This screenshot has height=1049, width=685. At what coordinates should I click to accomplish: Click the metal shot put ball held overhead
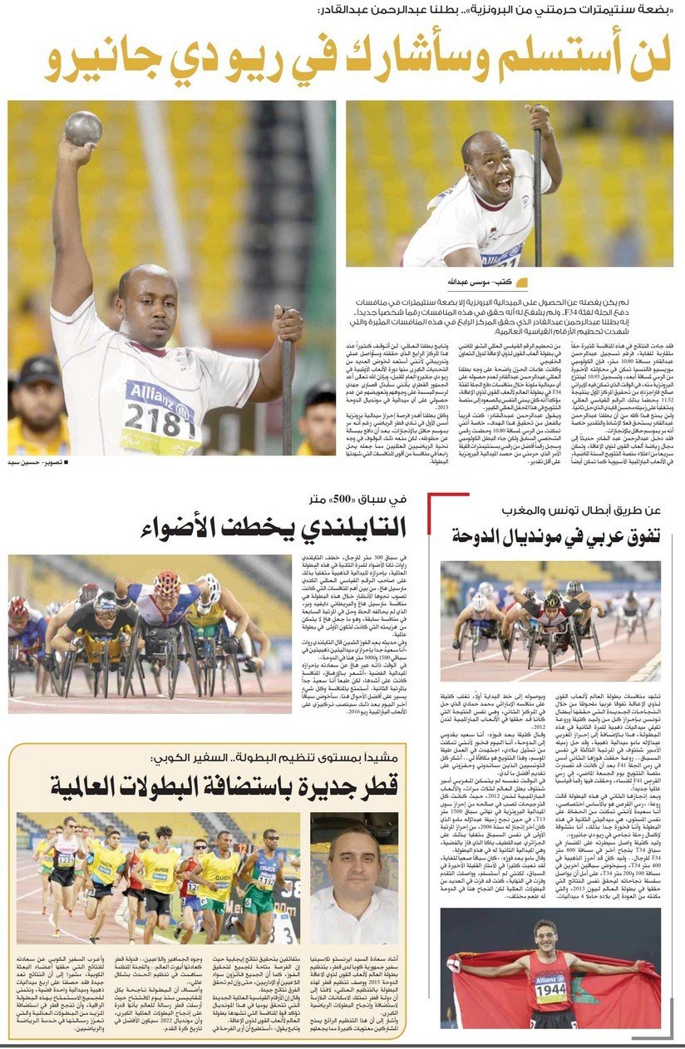(83, 128)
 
